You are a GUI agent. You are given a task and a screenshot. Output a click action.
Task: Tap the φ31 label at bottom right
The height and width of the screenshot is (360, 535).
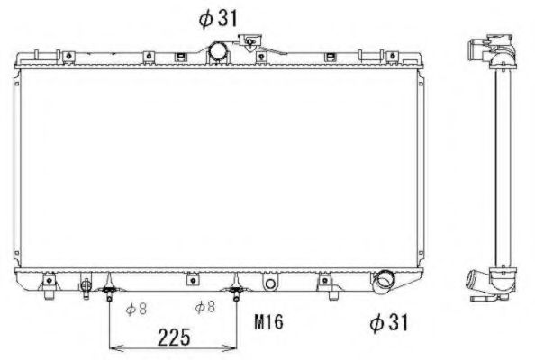click(x=391, y=321)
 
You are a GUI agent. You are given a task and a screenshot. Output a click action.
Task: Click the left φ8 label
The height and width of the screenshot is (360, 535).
click(x=137, y=309)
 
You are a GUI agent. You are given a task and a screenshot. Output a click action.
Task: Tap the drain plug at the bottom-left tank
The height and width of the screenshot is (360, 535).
click(x=86, y=286)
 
